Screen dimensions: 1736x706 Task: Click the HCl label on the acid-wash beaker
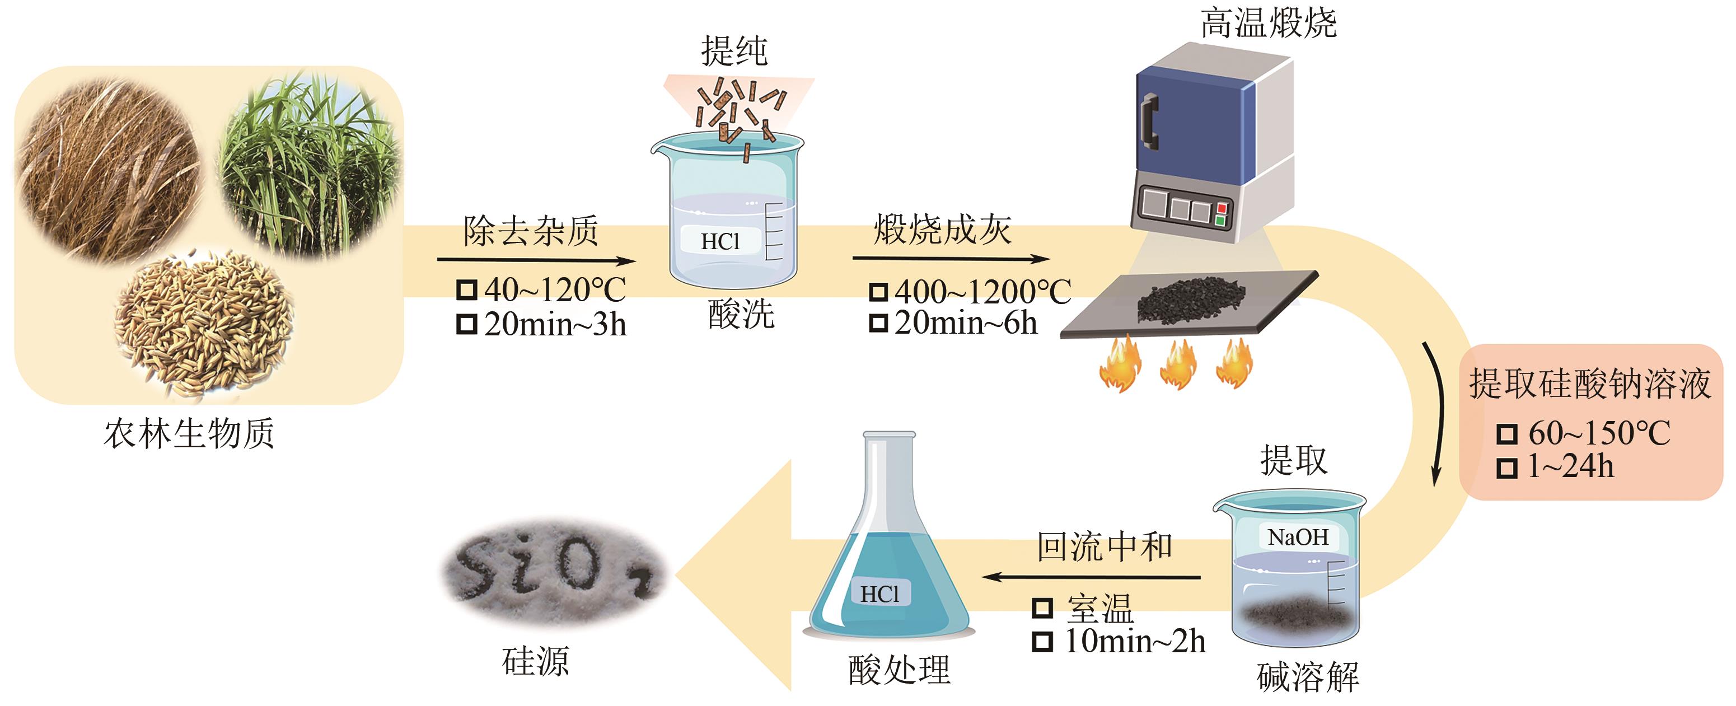720,241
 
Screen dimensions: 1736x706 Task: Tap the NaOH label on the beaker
1298,537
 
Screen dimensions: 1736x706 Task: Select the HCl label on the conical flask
880,593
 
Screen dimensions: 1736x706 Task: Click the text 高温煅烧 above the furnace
1269,23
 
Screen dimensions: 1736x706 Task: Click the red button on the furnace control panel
1220,208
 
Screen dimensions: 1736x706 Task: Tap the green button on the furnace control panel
1220,220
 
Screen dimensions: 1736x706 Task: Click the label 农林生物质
189,432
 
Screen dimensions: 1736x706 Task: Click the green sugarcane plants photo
310,165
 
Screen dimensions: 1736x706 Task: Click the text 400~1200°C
982,292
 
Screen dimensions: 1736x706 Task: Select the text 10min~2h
1135,640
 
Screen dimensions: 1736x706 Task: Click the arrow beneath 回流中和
1091,577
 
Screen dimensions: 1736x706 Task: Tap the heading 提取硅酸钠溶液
1590,384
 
